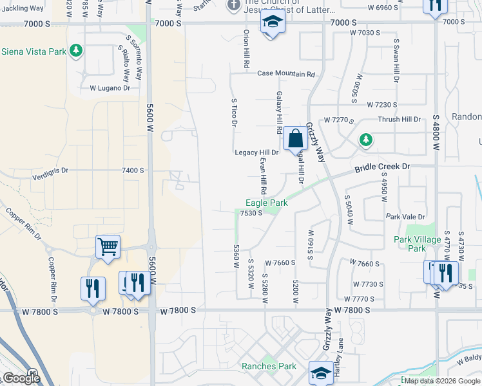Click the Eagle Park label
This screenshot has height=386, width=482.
pos(266,203)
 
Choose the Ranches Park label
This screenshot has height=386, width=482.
pos(269,367)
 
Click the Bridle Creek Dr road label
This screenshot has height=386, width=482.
pos(382,167)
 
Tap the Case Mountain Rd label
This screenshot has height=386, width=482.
pos(286,74)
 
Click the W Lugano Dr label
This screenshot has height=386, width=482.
pos(110,88)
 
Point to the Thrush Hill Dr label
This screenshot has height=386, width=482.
pos(399,120)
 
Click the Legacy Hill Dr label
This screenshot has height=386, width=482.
pos(256,152)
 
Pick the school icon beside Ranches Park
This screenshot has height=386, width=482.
pos(321,372)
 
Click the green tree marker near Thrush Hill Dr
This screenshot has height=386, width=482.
pos(366,140)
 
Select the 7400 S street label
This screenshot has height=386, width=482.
pos(133,170)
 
